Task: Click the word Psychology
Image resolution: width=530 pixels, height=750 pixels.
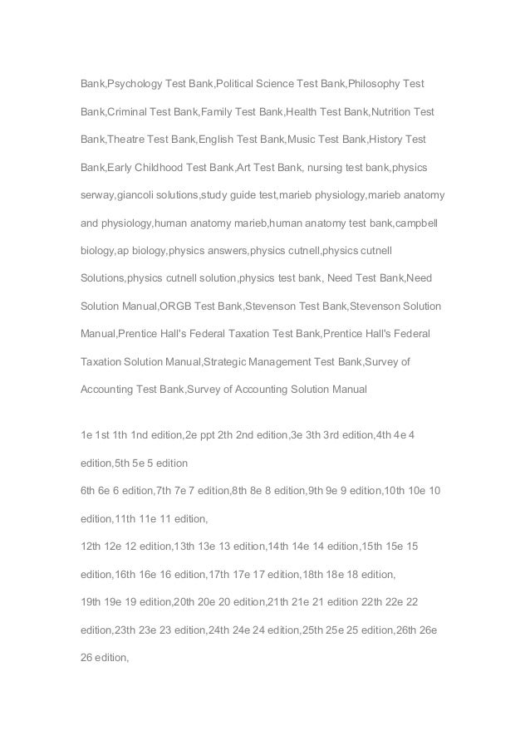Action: click(135, 84)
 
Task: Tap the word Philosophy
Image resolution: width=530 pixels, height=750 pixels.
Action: click(375, 84)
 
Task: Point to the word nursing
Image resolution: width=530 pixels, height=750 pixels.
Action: click(326, 167)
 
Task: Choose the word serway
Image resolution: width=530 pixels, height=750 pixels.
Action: click(97, 195)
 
